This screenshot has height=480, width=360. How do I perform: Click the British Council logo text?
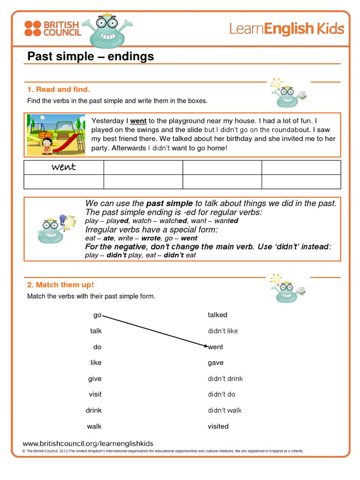62,28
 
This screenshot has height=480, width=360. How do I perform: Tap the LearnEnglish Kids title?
286,29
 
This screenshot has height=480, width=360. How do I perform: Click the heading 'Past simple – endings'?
90,57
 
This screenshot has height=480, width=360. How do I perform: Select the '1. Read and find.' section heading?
58,89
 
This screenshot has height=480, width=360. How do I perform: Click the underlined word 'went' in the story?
138,121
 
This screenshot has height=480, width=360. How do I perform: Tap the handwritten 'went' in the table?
64,167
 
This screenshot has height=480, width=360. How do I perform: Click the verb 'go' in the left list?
97,315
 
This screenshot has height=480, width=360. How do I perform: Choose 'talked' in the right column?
217,315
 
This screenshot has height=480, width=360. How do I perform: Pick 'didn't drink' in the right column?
225,379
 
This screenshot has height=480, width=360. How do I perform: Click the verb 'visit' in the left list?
95,394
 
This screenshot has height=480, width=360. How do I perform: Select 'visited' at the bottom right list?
218,426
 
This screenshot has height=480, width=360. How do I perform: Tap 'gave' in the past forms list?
216,363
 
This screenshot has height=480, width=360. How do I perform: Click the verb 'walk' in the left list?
94,426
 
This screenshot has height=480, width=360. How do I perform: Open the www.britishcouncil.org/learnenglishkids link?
88,443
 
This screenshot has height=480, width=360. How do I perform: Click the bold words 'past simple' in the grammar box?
169,203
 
